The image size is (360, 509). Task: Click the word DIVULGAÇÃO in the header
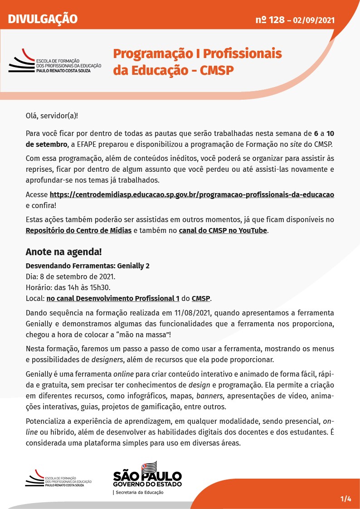click(x=43, y=19)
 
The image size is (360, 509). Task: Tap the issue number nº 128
click(x=270, y=20)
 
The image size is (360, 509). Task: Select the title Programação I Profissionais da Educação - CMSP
click(x=197, y=62)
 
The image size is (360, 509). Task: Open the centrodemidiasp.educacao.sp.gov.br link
click(x=191, y=194)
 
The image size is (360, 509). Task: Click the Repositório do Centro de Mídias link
click(x=78, y=230)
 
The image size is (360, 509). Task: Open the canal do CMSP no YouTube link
click(x=223, y=230)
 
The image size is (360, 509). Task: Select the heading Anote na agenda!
click(x=63, y=252)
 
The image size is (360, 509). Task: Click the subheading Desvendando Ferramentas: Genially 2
click(x=88, y=266)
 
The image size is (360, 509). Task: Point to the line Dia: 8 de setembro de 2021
click(x=71, y=276)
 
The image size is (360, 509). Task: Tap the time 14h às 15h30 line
click(x=68, y=287)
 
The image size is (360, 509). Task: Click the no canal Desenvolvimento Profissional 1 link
click(x=113, y=298)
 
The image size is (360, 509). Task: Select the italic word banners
click(x=210, y=396)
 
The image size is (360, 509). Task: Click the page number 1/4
click(x=346, y=499)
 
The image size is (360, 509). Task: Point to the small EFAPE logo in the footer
click(x=58, y=479)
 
